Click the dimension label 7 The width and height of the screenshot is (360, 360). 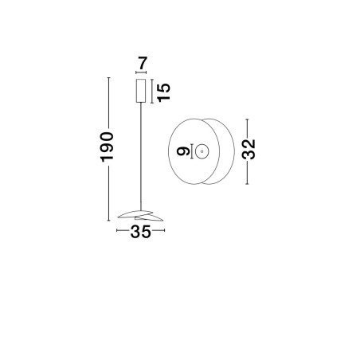[x=143, y=63]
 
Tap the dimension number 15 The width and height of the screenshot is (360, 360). [x=163, y=92]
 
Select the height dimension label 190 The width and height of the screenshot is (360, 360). [x=107, y=147]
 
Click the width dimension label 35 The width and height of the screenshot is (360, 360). [x=140, y=232]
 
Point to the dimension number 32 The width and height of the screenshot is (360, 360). [x=248, y=149]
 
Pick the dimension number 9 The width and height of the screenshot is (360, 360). [x=183, y=151]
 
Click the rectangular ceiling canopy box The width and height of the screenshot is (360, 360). [x=141, y=91]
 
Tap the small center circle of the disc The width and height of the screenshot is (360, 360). [x=202, y=151]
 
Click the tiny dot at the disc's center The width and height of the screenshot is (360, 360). [x=202, y=151]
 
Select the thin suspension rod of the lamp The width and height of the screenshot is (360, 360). [x=141, y=156]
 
